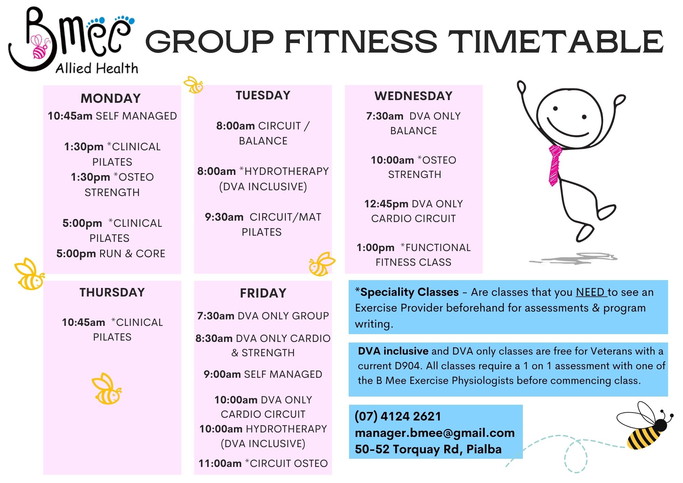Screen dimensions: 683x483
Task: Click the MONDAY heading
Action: (x=111, y=98)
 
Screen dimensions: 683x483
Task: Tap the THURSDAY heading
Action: (x=112, y=292)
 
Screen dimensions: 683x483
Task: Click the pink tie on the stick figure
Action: (x=555, y=165)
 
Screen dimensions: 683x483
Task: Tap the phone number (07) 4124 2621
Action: (x=398, y=416)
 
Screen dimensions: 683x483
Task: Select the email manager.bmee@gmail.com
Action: (x=435, y=433)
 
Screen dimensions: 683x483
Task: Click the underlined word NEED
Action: (x=591, y=292)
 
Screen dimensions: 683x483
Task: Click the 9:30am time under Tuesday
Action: (x=224, y=217)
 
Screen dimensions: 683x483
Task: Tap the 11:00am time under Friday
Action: (x=220, y=464)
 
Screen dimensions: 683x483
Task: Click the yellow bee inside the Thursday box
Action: (x=107, y=389)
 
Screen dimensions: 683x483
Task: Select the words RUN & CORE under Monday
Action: (x=132, y=254)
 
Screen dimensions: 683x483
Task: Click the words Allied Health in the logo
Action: (x=97, y=68)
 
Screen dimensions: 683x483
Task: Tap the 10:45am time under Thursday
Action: (x=83, y=322)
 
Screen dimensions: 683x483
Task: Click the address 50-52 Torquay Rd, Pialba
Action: (x=428, y=449)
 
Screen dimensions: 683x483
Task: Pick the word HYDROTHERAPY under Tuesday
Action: (x=287, y=171)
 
